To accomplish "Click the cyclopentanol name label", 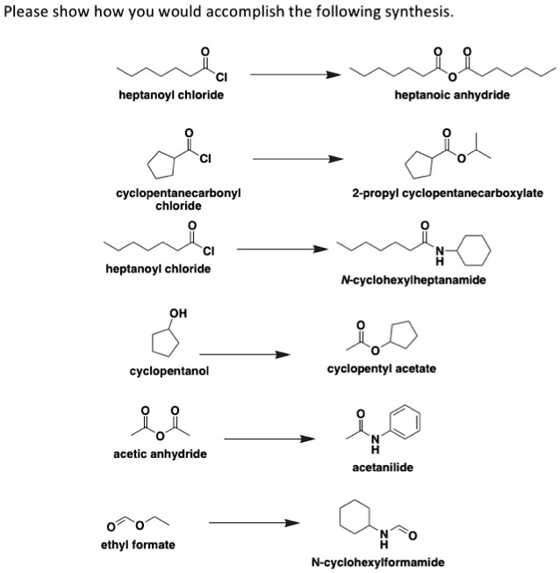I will point(169,371).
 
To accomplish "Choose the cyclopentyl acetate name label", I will point(381,368).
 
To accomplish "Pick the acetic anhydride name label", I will point(160,453).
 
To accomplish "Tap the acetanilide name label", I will point(377,467).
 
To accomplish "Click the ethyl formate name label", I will point(138,545).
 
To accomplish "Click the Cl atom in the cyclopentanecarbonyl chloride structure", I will point(205,159).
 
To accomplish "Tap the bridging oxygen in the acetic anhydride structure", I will point(160,435).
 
